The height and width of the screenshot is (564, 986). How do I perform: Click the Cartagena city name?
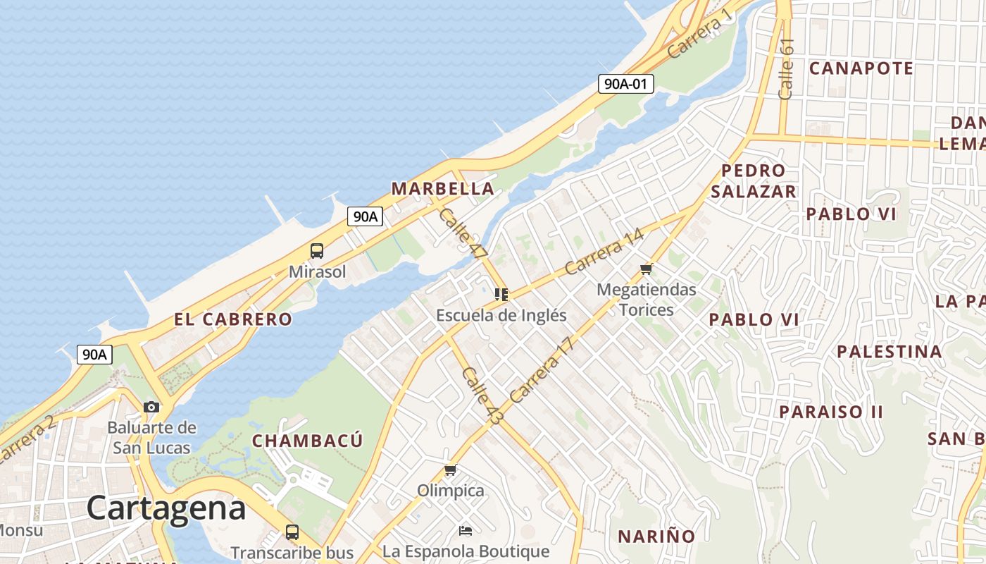(x=166, y=508)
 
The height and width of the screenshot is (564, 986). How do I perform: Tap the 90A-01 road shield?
(x=626, y=84)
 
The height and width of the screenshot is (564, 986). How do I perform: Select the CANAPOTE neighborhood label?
(x=861, y=68)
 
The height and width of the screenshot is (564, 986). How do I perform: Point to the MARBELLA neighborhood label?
(x=442, y=189)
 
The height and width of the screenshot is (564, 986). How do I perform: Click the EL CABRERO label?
(x=233, y=319)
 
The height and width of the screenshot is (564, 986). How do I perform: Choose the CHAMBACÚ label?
(x=308, y=441)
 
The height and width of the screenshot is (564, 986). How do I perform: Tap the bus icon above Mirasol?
(x=317, y=250)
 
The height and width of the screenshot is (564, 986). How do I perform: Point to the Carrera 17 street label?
(x=542, y=370)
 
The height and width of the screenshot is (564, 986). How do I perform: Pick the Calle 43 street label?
(x=483, y=396)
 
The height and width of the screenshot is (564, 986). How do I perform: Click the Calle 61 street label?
(x=787, y=68)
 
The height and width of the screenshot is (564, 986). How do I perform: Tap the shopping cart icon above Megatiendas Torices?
(x=647, y=269)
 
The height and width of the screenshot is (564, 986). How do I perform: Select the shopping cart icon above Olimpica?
(x=451, y=470)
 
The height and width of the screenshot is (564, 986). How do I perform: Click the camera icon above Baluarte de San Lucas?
(x=151, y=407)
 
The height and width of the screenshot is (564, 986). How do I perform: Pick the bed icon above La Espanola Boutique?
(x=465, y=530)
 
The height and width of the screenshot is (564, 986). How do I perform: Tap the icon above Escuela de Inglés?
(x=501, y=294)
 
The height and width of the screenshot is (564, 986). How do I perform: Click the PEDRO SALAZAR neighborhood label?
(x=754, y=180)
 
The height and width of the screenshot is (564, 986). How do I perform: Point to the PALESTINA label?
(x=889, y=351)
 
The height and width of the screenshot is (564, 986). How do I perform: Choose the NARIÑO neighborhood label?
(x=656, y=537)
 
